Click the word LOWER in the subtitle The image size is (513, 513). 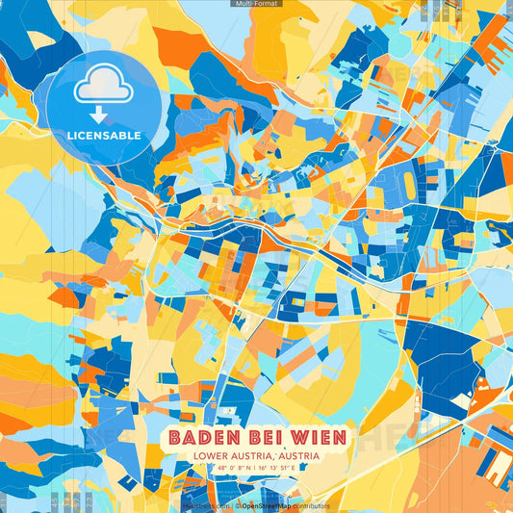click(211, 457)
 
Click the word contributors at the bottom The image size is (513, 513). click(312, 505)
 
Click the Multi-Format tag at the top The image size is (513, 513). click(256, 4)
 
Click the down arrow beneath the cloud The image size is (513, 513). click(98, 116)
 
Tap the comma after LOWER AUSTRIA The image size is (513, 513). click(275, 459)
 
